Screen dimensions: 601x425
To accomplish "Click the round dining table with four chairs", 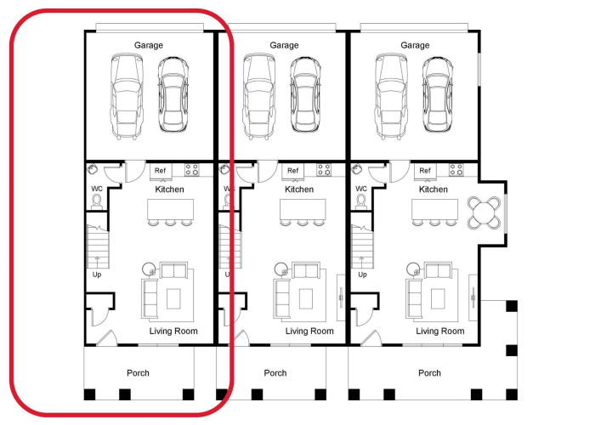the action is [484, 212].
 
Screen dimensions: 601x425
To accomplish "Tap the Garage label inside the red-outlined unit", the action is [148, 45].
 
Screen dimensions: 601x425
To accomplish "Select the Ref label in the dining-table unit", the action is [425, 171].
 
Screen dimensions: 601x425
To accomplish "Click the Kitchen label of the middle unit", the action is [299, 190].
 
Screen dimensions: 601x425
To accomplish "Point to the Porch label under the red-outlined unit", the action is [138, 373].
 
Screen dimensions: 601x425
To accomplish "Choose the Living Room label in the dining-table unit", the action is [440, 331].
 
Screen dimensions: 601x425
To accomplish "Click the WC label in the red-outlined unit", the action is [97, 189].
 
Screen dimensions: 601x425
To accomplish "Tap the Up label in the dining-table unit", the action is [362, 275].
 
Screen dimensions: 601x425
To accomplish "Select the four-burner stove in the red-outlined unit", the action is [191, 169].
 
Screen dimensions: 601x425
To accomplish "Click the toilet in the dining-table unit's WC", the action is [361, 202].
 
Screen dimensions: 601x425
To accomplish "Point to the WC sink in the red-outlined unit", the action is [92, 168].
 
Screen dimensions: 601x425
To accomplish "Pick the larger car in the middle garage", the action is [258, 96].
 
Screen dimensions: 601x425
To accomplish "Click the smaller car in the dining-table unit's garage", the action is [437, 94].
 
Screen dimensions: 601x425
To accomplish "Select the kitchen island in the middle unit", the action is [303, 209].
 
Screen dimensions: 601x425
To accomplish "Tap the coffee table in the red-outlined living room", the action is [173, 299].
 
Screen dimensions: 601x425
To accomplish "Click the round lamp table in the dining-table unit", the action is [413, 269].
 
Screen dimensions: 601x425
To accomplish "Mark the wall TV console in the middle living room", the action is [341, 297].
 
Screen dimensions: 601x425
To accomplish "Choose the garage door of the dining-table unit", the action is [414, 27].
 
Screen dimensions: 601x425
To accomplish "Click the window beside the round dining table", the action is [506, 213].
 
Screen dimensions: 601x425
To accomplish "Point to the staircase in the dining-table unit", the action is [362, 246].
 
